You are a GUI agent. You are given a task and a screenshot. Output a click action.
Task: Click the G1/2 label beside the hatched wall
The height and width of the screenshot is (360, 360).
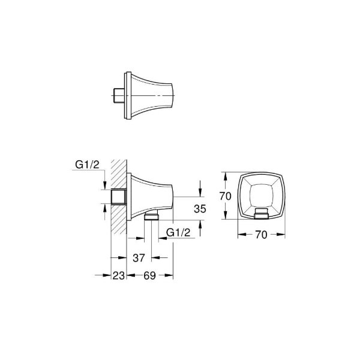[x=87, y=166]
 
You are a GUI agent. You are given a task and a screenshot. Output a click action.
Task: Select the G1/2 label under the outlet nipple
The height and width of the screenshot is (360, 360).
[x=178, y=232]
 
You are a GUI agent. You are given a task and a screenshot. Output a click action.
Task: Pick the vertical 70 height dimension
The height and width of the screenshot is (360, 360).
[x=225, y=196]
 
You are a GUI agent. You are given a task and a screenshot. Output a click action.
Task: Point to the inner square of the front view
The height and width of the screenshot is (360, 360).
[x=261, y=195]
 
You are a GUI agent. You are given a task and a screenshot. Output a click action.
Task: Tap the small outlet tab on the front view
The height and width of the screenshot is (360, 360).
[x=261, y=215]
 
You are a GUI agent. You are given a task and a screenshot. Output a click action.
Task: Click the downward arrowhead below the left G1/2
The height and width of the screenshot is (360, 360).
[x=106, y=184]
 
